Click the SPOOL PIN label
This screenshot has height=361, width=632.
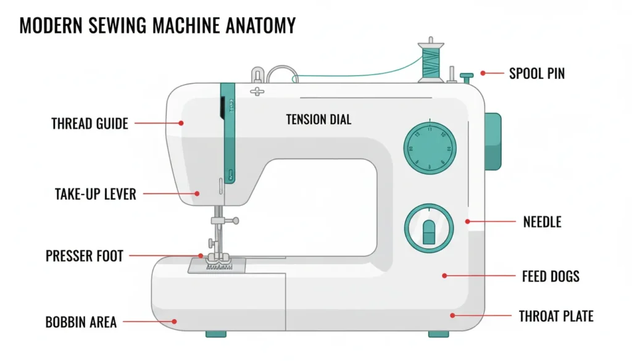(x=536, y=73)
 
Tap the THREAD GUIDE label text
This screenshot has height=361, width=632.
(x=89, y=123)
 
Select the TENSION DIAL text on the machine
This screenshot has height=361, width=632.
(x=318, y=119)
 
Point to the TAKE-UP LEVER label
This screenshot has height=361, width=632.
(x=95, y=194)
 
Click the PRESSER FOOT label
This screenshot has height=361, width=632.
(x=85, y=255)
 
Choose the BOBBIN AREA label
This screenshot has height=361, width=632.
(x=80, y=322)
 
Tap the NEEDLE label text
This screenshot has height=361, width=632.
(x=542, y=222)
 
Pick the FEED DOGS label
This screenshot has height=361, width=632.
(x=551, y=276)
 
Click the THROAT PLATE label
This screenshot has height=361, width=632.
(x=556, y=317)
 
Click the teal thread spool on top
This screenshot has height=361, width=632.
(x=430, y=62)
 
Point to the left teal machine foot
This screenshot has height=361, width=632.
(x=215, y=334)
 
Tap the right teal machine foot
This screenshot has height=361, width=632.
(x=438, y=334)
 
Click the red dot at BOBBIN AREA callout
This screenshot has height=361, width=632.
(x=175, y=321)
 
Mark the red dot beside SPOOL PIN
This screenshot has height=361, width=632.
(x=483, y=73)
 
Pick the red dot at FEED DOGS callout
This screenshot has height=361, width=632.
(x=444, y=276)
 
